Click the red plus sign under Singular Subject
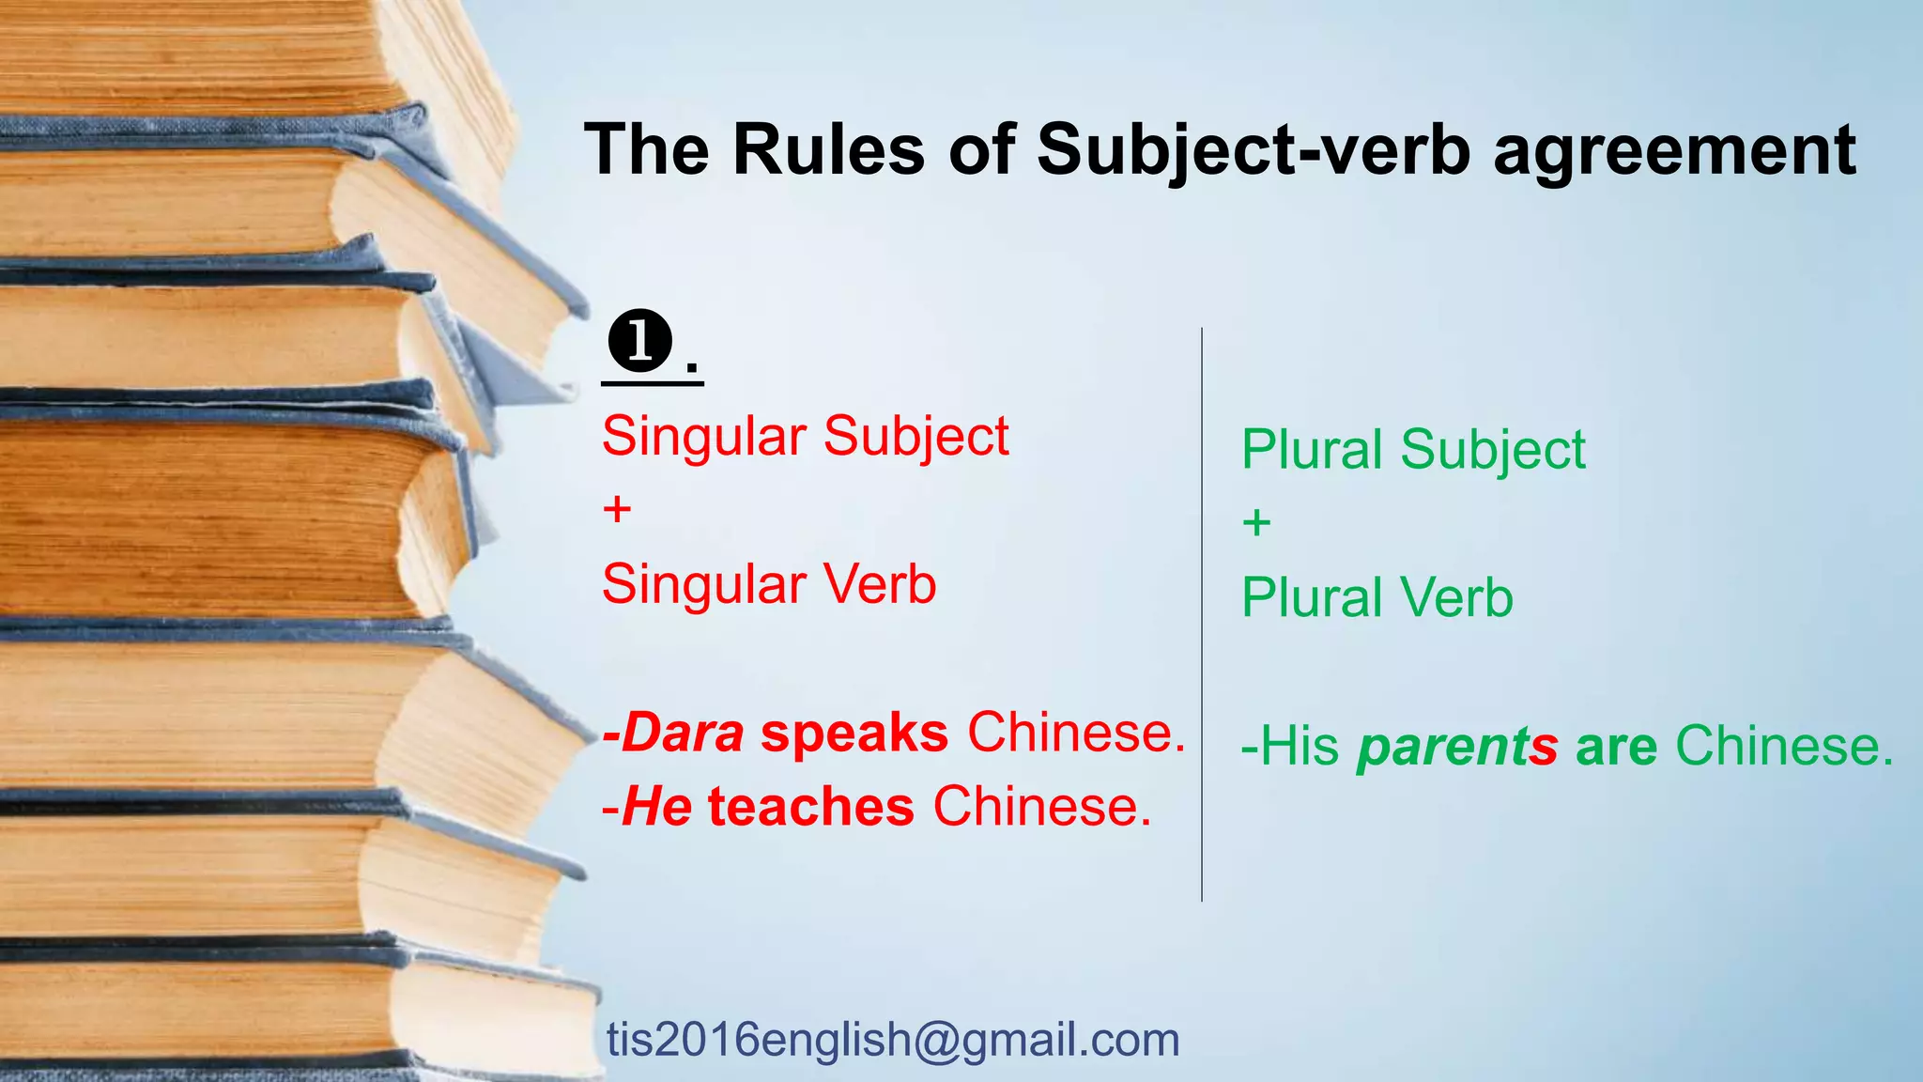pos(617,510)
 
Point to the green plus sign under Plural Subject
pos(1256,522)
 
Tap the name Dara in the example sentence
pos(683,733)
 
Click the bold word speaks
pos(854,734)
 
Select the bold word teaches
pos(811,807)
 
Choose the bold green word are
pos(1616,748)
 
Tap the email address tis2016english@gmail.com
pos(893,1040)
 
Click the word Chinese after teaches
pos(1041,807)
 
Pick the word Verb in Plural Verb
pos(1456,598)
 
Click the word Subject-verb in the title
pos(1253,151)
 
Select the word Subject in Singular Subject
pos(915,437)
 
